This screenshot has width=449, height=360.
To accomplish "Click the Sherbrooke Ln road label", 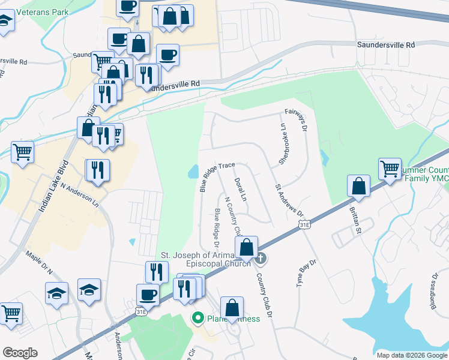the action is coord(281,145).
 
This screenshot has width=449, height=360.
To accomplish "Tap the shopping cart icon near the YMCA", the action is coord(390,168).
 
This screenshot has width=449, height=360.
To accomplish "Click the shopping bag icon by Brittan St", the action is coord(358,185).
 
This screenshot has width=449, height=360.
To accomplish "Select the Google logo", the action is coord(20,353).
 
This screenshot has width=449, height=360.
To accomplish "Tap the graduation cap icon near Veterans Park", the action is coord(6,23).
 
